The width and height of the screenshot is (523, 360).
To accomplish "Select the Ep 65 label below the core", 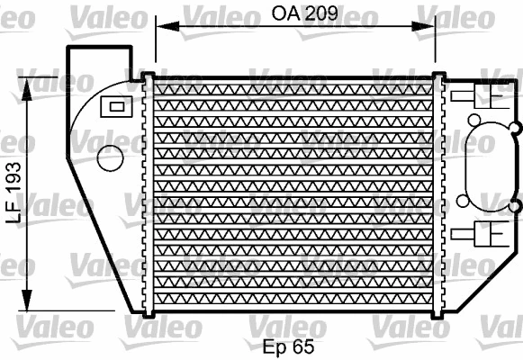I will pos(288,346).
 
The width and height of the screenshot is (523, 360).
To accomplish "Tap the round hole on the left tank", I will pos(110,158).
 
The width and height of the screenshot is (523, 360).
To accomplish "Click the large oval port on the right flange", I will pos(489,164).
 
